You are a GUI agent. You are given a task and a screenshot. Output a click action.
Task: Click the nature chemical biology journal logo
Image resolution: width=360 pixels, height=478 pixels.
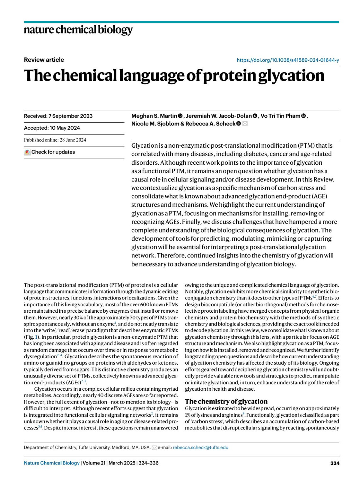point(78,30)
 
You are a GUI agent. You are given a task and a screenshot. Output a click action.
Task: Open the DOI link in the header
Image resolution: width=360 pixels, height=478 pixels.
point(288,60)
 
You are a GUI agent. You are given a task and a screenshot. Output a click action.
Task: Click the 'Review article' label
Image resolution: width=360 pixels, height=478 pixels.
point(44,60)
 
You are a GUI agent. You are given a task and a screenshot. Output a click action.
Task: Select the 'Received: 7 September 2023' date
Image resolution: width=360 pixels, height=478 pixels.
point(58,116)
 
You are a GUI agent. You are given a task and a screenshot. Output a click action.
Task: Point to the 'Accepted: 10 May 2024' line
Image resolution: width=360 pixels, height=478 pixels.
point(52,128)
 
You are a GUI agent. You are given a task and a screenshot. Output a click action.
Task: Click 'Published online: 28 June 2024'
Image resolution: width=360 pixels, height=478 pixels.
point(55,140)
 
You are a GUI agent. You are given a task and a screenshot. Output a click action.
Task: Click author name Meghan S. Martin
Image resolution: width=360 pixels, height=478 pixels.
point(154,116)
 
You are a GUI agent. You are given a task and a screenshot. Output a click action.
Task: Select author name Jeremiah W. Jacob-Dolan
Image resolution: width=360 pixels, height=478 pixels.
point(219,116)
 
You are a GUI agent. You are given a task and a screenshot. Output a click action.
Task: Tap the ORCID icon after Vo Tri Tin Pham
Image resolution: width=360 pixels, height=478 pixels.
point(303,116)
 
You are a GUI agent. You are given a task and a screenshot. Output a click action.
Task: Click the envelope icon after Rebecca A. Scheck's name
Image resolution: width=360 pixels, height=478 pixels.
point(245,124)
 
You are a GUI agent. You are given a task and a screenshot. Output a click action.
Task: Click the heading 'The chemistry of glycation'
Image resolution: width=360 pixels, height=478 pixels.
point(226,401)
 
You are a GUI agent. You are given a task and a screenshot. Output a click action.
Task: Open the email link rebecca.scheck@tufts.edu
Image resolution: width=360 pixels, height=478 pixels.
point(200,447)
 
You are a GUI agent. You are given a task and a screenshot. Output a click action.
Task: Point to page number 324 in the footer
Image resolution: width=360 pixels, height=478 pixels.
point(334,463)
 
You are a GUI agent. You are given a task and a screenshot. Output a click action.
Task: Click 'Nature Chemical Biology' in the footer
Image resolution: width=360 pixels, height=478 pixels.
point(52,463)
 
